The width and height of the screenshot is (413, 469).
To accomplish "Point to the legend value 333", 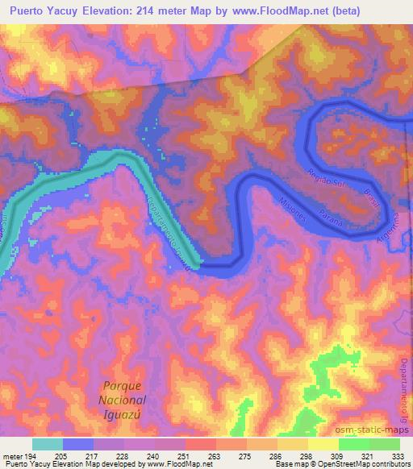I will (x=398, y=457).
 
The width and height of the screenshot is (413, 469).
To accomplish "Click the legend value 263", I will (x=215, y=457).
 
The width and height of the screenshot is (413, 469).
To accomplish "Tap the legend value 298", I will (x=307, y=457).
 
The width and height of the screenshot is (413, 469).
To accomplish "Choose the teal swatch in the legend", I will (x=48, y=444).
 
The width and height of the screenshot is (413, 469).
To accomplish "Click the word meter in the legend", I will (x=12, y=457).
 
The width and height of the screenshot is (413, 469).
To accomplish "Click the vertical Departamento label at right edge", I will (x=405, y=379).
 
